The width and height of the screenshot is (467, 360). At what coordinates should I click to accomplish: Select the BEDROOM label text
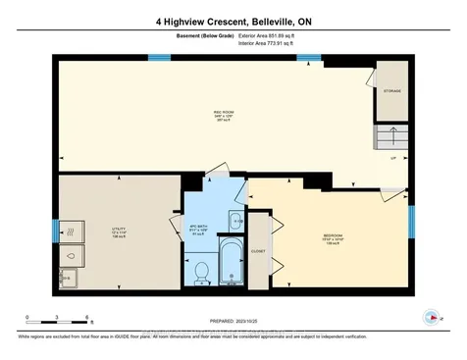point(333,236)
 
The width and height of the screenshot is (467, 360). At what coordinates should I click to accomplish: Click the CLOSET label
point(258,251)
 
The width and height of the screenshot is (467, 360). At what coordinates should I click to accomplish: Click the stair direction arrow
point(394,134)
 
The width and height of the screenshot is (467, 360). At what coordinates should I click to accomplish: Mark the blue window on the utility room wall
point(55,231)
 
